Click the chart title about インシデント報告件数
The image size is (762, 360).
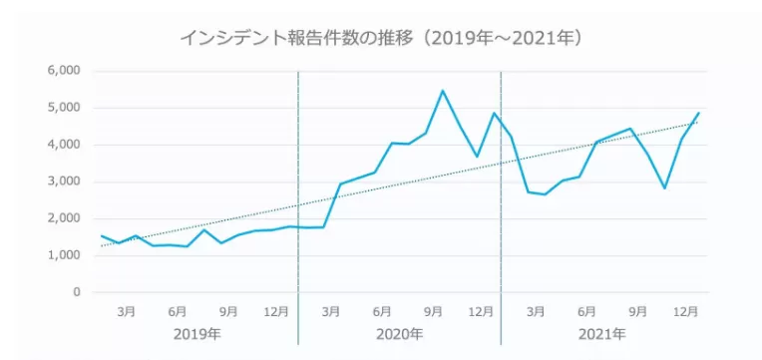(x=380, y=38)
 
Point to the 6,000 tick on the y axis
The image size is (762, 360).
(x=63, y=71)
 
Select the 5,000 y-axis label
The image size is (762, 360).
(x=63, y=108)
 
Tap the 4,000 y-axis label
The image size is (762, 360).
(x=63, y=145)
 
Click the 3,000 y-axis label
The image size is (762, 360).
(x=63, y=181)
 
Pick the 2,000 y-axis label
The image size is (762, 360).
(x=63, y=218)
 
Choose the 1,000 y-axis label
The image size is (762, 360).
(x=63, y=255)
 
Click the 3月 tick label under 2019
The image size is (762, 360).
(x=127, y=311)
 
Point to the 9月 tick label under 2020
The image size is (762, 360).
(x=433, y=311)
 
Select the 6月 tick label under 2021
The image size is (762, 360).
(x=585, y=311)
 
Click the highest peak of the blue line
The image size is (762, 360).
(x=443, y=91)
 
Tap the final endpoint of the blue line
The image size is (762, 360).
(x=698, y=113)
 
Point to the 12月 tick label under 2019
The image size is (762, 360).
(x=277, y=311)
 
